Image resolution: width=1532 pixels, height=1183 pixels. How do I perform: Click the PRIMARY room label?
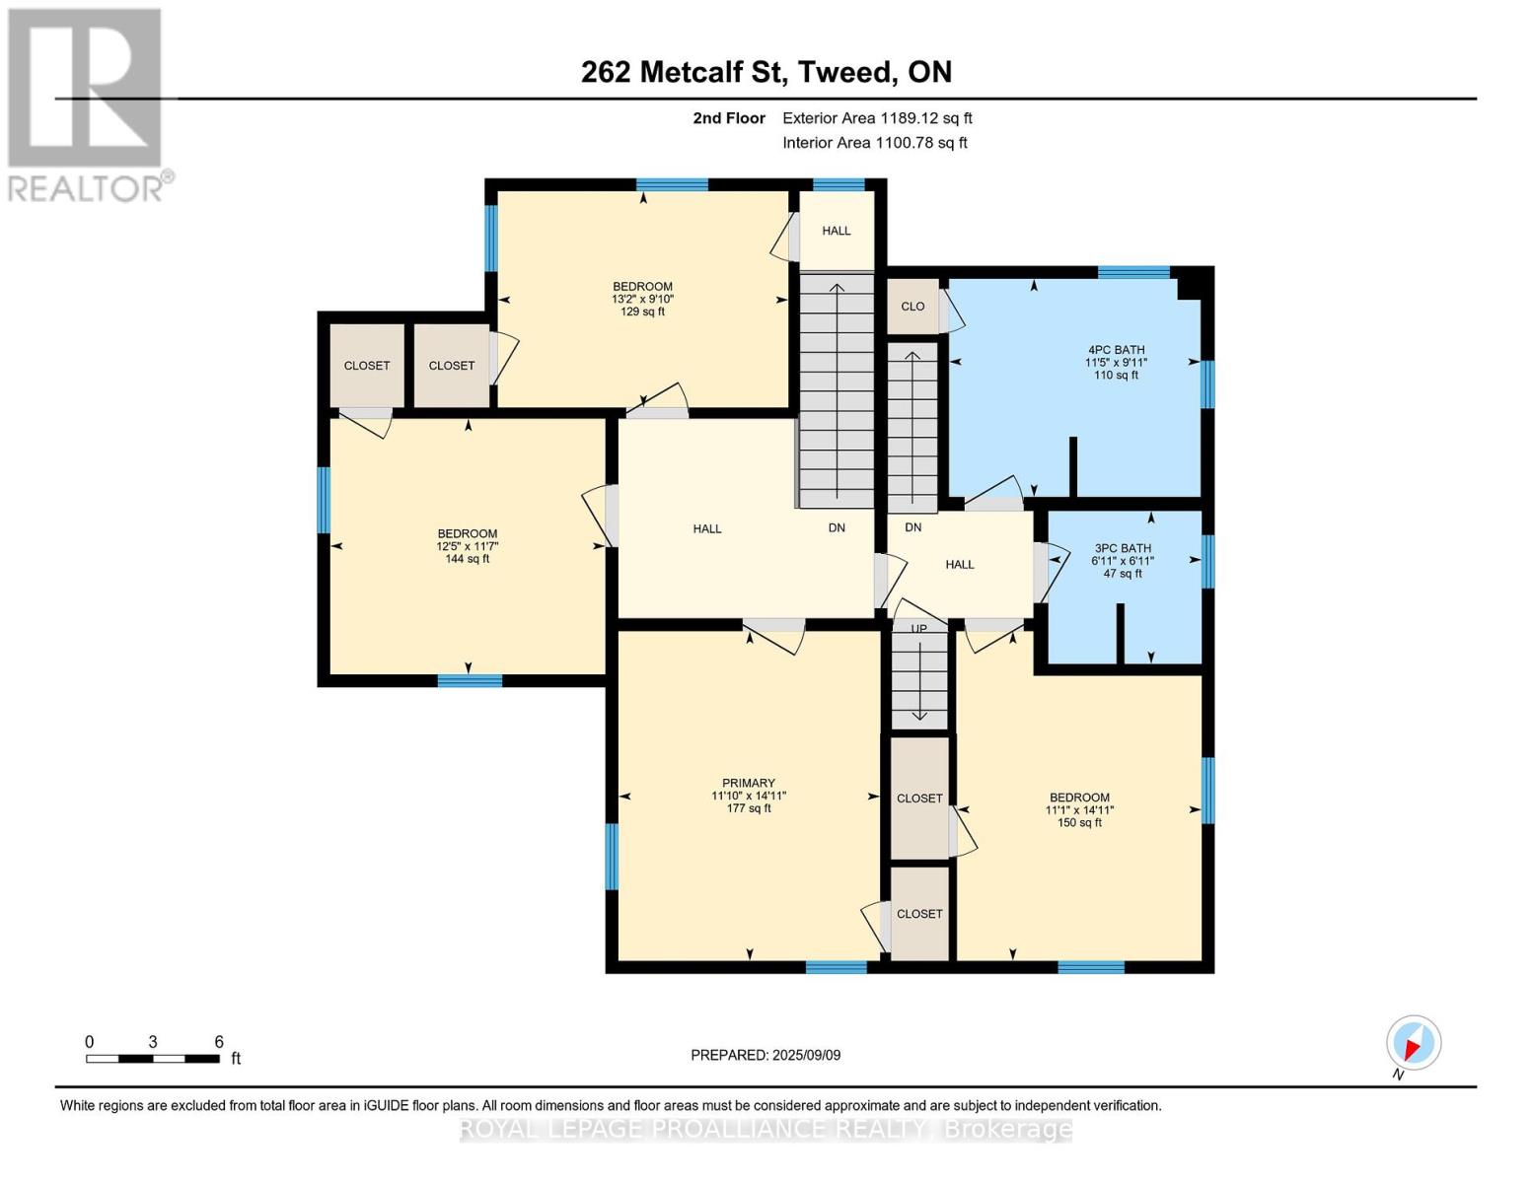[748, 783]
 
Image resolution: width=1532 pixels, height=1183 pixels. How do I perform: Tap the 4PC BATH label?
[1116, 349]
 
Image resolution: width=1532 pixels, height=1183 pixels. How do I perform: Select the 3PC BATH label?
[1123, 548]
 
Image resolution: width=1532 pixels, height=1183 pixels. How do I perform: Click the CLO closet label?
[912, 307]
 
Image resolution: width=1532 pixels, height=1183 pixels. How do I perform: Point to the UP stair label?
[918, 629]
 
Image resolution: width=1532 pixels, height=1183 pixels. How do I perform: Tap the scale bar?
[152, 1058]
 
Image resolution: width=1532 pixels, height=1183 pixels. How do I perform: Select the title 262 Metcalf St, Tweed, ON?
[766, 72]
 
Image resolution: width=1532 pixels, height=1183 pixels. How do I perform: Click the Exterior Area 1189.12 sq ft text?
[877, 118]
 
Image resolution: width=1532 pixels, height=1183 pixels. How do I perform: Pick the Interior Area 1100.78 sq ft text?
[874, 143]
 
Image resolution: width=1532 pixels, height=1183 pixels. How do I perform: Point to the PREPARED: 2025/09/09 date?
[766, 1055]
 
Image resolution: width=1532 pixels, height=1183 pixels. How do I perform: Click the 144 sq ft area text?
[467, 559]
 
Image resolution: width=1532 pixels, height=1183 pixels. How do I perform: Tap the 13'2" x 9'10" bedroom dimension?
[642, 299]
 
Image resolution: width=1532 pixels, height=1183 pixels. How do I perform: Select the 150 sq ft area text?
[1079, 822]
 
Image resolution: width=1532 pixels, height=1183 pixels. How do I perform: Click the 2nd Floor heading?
[729, 118]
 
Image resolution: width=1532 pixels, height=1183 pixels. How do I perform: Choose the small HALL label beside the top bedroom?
[837, 231]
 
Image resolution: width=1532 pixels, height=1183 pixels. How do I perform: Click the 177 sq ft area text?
[748, 808]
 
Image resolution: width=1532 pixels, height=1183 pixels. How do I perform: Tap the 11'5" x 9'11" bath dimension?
[1116, 362]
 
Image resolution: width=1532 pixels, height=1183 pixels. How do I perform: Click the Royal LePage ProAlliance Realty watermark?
[766, 1130]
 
